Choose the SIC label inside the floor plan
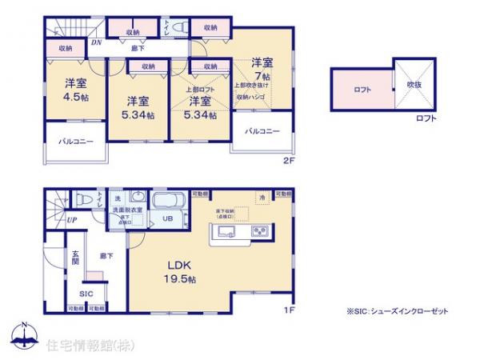pyautogui.click(x=86, y=293)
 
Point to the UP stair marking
pyautogui.click(x=72, y=219)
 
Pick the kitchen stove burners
pyautogui.click(x=260, y=233)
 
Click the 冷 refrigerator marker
pyautogui.click(x=260, y=197)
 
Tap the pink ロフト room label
pyautogui.click(x=362, y=90)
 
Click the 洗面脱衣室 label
pyautogui.click(x=127, y=210)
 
